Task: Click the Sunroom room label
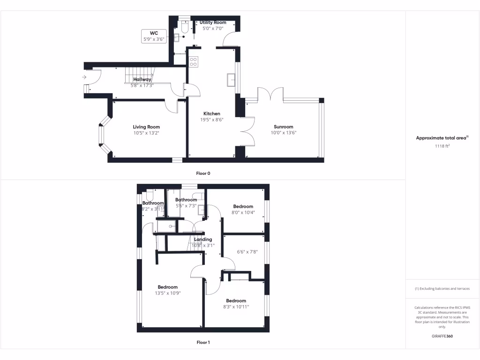(284, 127)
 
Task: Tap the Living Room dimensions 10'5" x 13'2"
(146, 133)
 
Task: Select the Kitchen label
(211, 113)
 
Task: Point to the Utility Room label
(213, 22)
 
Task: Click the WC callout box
(154, 36)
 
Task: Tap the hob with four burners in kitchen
(194, 61)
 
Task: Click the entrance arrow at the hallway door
(84, 77)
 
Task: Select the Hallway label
(142, 80)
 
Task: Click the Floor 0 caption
(203, 173)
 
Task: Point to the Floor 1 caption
(203, 343)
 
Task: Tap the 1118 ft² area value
(442, 146)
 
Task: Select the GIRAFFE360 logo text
(442, 336)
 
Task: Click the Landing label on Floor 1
(203, 239)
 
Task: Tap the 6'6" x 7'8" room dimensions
(247, 252)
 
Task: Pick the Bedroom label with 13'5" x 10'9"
(167, 287)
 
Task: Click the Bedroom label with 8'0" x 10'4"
(243, 206)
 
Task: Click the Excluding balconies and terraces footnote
(442, 288)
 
